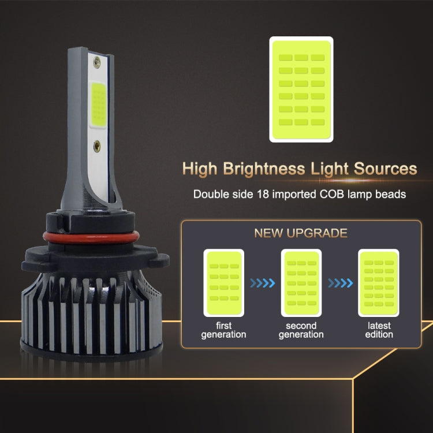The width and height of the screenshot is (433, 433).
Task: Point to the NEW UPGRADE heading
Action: coord(300,233)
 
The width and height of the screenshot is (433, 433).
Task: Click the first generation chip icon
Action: coord(223,282)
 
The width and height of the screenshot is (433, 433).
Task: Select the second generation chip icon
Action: coord(301,282)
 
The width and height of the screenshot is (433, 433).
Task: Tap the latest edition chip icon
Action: coord(379,282)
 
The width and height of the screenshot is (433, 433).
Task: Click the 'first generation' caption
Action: coord(223,330)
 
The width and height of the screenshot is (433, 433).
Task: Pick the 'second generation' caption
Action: coord(301,330)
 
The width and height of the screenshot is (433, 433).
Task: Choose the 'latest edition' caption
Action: coord(379,330)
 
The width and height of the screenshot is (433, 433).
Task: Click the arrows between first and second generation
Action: coord(262,283)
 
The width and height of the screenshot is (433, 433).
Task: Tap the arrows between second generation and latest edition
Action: coord(340,283)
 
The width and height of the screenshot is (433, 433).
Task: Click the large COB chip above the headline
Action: coord(301,89)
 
